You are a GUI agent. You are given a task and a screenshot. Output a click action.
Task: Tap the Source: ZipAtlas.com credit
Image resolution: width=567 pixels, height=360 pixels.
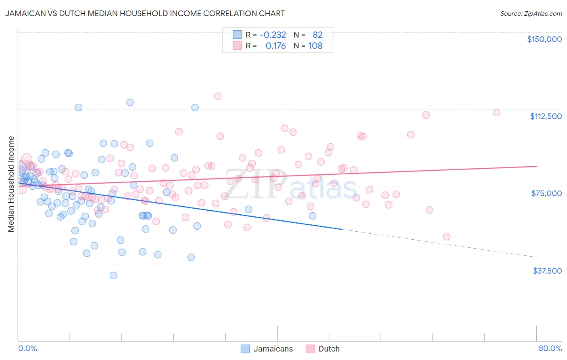tap(531, 13)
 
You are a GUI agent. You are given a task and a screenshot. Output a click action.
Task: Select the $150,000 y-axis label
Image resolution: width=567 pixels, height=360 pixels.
tap(544, 39)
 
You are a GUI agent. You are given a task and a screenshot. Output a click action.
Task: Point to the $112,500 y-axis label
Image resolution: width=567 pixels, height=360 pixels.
tap(546, 116)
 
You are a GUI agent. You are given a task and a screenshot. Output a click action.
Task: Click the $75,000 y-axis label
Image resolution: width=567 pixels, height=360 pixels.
tap(546, 193)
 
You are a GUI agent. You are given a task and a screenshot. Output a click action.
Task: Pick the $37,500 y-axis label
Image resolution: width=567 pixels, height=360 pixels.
tap(547, 271)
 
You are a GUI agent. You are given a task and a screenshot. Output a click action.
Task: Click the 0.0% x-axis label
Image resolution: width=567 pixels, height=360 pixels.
tap(27, 348)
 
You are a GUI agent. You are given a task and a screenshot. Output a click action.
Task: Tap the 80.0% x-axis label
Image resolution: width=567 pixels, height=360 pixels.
tap(550, 348)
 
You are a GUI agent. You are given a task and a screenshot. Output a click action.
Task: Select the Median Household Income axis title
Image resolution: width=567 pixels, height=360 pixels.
tap(11, 184)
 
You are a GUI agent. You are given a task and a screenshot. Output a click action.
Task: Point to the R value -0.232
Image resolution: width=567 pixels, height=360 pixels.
tap(273, 35)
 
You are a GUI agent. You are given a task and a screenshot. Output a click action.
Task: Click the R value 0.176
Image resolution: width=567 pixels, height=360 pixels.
tap(275, 46)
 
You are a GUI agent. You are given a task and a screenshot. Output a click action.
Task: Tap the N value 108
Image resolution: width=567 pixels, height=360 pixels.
tap(315, 46)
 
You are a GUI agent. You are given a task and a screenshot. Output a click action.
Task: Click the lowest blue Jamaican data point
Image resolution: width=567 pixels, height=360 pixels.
tap(113, 275)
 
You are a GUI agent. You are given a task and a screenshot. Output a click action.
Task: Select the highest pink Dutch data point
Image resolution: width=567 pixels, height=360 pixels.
tap(218, 96)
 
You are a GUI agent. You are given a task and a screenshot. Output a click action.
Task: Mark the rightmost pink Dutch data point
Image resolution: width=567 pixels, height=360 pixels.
tap(496, 113)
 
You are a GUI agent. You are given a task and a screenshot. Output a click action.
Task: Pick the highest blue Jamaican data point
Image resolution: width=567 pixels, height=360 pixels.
tap(130, 102)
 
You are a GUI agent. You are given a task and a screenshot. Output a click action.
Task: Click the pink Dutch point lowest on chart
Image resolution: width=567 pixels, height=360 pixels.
tap(446, 237)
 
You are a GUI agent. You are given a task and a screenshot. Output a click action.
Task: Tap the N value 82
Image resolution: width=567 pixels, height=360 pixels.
tap(318, 35)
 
